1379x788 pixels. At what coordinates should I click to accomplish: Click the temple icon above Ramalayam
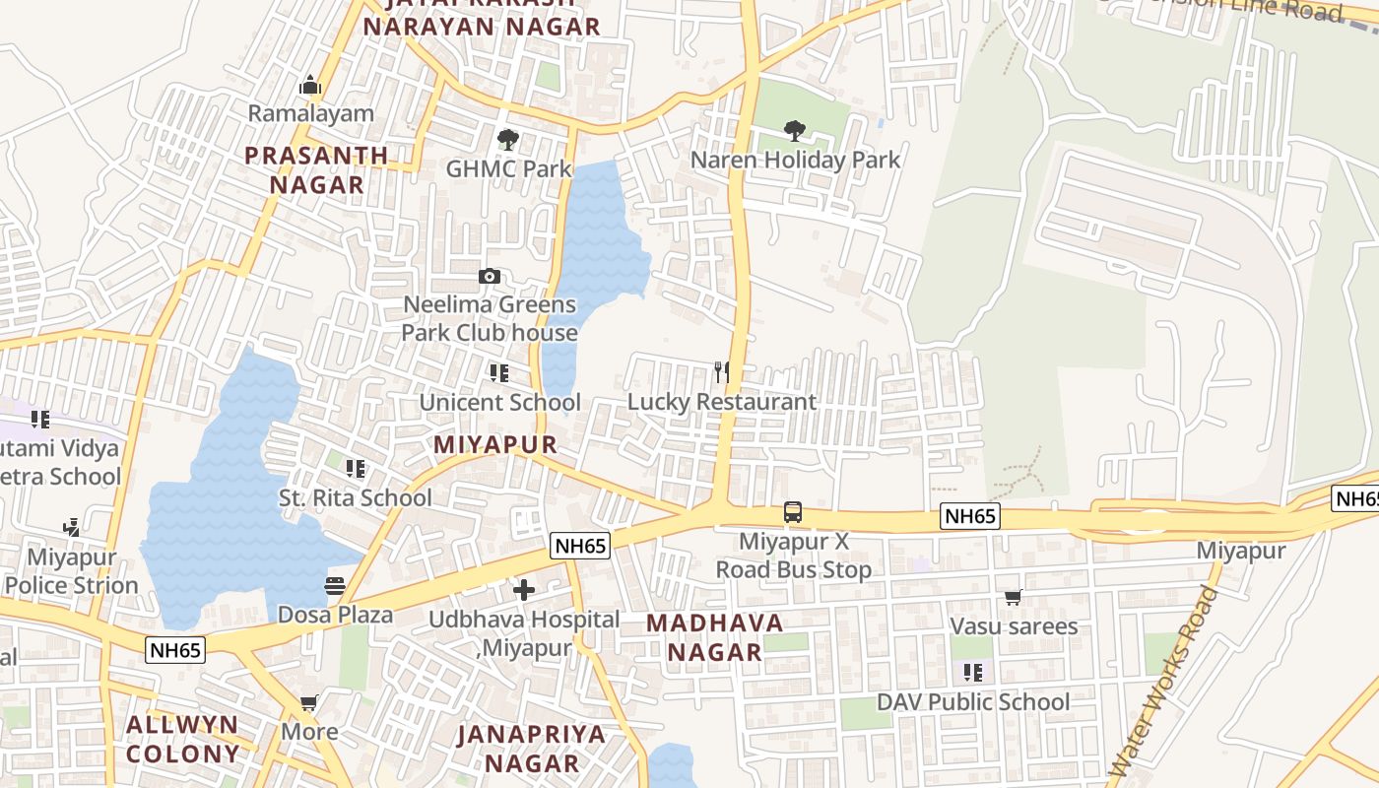[x=310, y=86]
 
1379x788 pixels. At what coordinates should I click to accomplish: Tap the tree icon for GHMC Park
[x=507, y=140]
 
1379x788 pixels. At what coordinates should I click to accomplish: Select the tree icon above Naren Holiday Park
[x=795, y=130]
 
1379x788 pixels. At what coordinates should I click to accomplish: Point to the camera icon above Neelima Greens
[x=490, y=277]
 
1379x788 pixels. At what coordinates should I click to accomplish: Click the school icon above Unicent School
[x=499, y=373]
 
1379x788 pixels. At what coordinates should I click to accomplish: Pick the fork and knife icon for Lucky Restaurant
[x=722, y=371]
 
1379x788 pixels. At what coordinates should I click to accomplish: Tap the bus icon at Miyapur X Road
[x=793, y=512]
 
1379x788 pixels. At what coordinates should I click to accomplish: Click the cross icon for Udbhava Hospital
[x=524, y=590]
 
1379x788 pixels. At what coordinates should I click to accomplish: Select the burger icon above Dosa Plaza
[x=335, y=586]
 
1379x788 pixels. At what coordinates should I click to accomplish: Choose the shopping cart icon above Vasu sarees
[x=1013, y=597]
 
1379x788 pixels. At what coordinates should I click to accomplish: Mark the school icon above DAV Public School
[x=972, y=673]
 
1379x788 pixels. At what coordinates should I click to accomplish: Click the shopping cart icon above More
[x=309, y=703]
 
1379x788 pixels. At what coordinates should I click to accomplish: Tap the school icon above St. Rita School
[x=356, y=469]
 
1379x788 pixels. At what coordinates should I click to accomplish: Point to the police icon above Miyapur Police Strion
[x=70, y=529]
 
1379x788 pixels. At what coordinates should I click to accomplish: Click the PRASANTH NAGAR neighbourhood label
[x=316, y=169]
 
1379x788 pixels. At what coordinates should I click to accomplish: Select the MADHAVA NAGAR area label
[x=715, y=637]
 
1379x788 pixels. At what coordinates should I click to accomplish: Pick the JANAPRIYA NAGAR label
[x=532, y=749]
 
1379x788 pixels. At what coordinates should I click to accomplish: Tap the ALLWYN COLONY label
[x=183, y=740]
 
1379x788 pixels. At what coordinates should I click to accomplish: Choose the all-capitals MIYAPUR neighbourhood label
[x=495, y=444]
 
